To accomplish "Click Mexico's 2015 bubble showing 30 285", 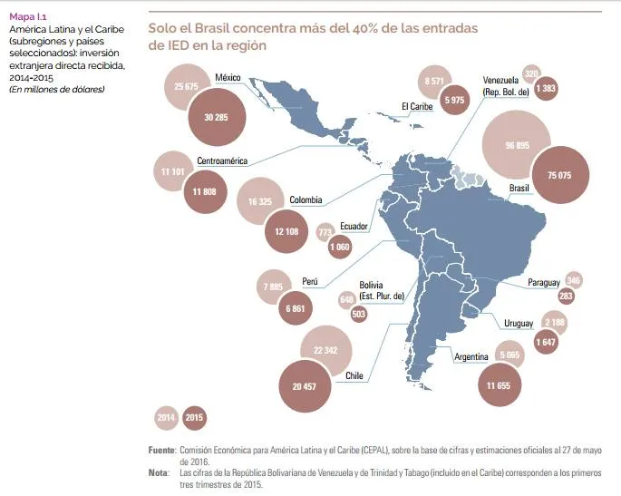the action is point(217,117).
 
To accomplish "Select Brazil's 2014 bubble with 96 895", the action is point(517,145).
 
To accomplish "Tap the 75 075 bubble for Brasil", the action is point(560,175).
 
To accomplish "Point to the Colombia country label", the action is point(306,199).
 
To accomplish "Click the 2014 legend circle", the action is point(166,417).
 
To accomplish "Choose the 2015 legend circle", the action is point(194,417).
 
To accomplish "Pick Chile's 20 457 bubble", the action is point(305,386).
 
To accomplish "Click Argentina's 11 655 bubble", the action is point(500,385).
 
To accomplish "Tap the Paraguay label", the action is point(544,283).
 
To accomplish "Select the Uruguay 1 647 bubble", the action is point(546,342).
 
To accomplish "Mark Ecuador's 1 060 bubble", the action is point(340,247).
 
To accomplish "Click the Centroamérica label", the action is point(222,160).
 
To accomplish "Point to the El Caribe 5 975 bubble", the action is point(454,100).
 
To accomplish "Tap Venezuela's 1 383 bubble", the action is point(546,88).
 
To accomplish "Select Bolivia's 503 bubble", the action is point(358,314).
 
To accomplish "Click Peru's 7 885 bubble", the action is point(273,287).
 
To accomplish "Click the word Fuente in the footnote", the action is point(161,450).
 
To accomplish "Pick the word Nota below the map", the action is point(159,472).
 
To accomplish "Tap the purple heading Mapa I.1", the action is point(28,16).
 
